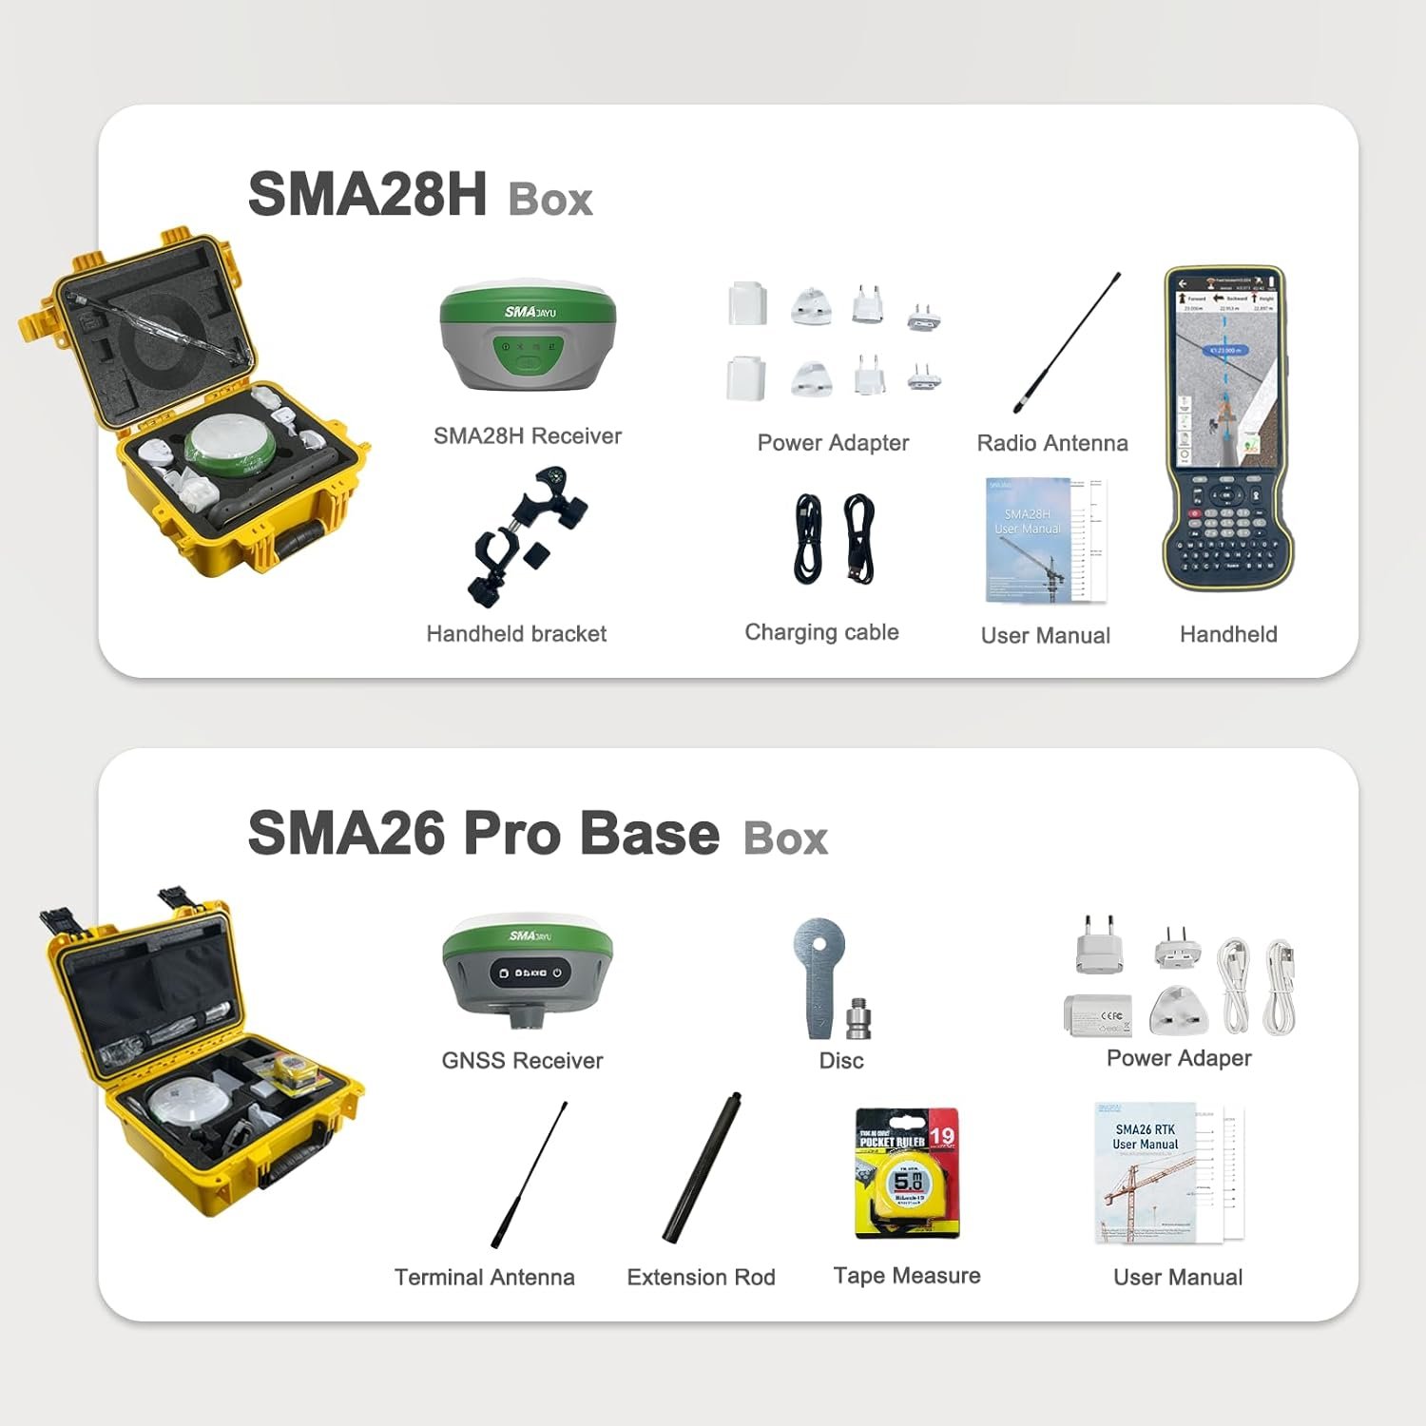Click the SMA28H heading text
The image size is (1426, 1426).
(367, 194)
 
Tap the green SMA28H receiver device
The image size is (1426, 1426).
(528, 337)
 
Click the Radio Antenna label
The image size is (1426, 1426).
(1051, 443)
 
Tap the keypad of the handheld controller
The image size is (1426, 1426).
(1227, 532)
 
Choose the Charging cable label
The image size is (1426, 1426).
(821, 632)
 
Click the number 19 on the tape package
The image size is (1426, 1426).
(941, 1136)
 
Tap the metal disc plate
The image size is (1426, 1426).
(819, 970)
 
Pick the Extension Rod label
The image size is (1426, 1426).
(701, 1277)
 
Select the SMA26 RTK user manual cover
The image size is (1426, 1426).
(1145, 1174)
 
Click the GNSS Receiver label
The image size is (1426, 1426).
(522, 1060)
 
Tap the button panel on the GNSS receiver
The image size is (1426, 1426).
(528, 973)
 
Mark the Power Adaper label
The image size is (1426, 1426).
(1178, 1058)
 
